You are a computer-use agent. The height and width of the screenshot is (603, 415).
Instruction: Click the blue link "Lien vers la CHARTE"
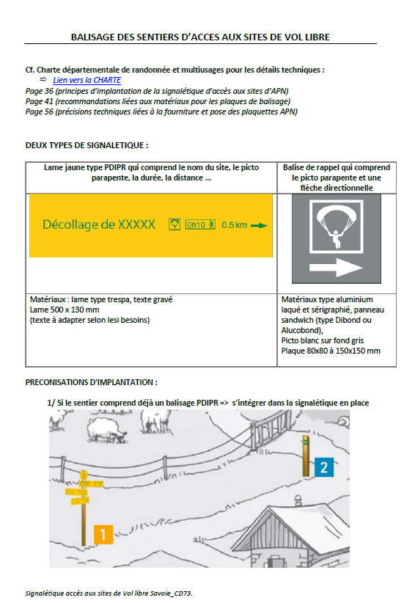point(87,80)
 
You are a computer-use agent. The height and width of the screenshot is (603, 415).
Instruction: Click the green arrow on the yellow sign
point(259,225)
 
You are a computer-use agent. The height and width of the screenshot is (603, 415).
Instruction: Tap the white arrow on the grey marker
point(336,267)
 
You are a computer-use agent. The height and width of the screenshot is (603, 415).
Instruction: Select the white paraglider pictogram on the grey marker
point(336,226)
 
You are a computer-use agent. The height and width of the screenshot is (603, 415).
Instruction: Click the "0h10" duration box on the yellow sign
point(200,224)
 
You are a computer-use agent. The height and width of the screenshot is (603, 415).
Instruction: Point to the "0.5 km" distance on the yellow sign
point(234,225)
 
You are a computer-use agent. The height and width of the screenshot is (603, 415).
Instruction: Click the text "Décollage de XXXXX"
point(99,224)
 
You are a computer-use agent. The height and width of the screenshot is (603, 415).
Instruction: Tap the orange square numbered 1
point(103,535)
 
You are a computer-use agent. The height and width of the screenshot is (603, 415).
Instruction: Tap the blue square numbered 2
point(323,467)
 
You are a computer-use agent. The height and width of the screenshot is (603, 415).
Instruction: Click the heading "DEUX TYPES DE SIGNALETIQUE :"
point(87,145)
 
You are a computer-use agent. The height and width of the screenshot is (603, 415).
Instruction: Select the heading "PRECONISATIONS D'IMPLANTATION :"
point(92,382)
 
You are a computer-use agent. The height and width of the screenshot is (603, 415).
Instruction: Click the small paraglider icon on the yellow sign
point(175,224)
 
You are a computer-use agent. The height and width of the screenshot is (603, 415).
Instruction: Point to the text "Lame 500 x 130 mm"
point(65,310)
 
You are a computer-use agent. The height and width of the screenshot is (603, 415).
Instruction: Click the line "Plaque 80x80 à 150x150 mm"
point(331,351)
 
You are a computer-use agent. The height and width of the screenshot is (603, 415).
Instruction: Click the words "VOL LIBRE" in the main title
point(307,37)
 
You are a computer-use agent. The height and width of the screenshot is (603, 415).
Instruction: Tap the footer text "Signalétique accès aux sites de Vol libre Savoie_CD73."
point(109,593)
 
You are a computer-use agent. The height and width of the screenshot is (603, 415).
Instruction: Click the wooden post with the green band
point(306,456)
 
